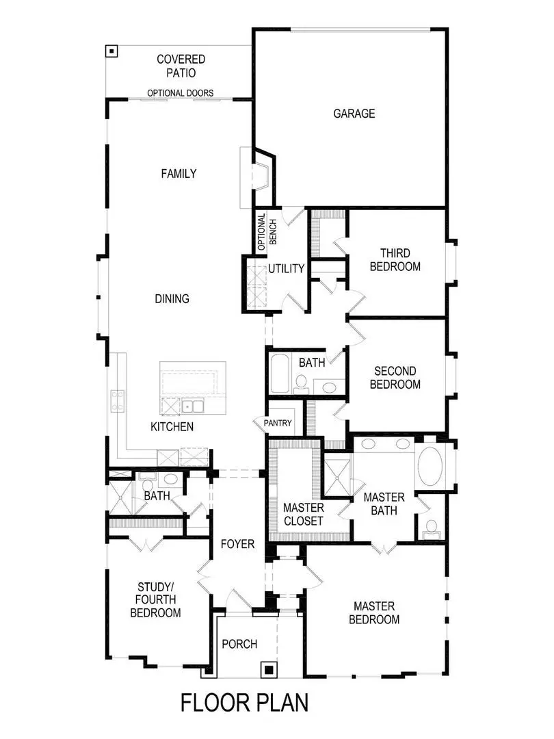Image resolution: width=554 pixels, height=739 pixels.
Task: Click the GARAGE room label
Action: pyautogui.click(x=354, y=114)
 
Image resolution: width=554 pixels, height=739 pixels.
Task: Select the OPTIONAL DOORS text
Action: pyautogui.click(x=180, y=93)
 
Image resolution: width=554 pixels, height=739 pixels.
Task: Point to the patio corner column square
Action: pyautogui.click(x=111, y=51)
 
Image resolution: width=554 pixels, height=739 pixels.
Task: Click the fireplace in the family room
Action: pyautogui.click(x=261, y=176)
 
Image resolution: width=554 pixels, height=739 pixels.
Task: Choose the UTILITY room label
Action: pyautogui.click(x=286, y=268)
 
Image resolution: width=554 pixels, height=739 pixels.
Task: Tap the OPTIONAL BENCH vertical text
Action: pyautogui.click(x=267, y=229)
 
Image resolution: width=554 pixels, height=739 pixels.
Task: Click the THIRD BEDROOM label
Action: pyautogui.click(x=395, y=259)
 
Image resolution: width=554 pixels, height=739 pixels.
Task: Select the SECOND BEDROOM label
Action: pyautogui.click(x=395, y=378)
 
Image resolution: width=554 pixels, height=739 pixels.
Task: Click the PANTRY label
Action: pyautogui.click(x=278, y=424)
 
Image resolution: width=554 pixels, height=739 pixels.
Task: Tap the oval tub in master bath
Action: pyautogui.click(x=430, y=466)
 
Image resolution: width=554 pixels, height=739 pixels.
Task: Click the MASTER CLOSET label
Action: pyautogui.click(x=303, y=514)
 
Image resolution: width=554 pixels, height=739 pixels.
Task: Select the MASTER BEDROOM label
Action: pyautogui.click(x=374, y=612)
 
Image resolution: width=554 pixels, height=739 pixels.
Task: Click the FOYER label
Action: pyautogui.click(x=237, y=545)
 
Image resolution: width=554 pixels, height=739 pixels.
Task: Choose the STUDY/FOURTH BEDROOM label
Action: pyautogui.click(x=155, y=599)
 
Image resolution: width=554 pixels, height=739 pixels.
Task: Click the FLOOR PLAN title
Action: pyautogui.click(x=244, y=703)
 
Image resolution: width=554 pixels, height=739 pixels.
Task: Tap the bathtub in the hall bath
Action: pyautogui.click(x=280, y=373)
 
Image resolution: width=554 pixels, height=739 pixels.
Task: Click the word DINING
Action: pyautogui.click(x=172, y=299)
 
